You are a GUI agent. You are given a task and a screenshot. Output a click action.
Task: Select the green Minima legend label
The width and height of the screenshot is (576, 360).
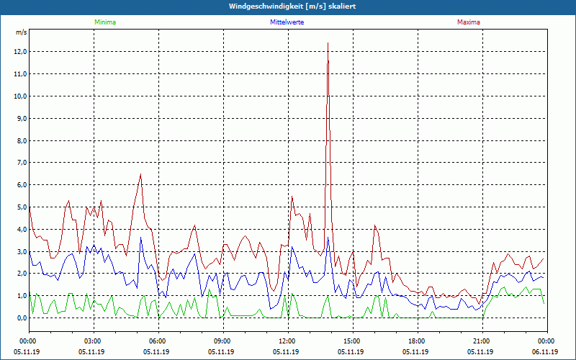click(104, 22)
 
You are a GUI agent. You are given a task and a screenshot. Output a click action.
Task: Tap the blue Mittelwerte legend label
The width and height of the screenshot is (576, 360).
click(287, 22)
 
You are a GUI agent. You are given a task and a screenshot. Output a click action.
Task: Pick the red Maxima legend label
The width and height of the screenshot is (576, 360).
click(468, 22)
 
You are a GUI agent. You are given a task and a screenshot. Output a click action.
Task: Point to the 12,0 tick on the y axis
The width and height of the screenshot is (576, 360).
click(19, 52)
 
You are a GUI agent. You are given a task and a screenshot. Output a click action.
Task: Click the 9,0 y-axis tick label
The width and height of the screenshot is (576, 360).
click(21, 118)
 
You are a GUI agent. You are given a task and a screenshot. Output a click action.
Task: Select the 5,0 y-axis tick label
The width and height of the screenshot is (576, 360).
click(21, 207)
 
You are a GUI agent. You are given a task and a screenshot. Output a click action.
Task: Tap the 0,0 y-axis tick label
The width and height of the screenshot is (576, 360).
click(21, 318)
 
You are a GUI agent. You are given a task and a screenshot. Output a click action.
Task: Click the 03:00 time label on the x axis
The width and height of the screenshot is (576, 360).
click(93, 341)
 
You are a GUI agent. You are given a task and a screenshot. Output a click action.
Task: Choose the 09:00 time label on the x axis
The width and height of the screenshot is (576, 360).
click(222, 341)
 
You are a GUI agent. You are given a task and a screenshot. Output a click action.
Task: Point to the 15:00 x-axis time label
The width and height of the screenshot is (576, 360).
click(351, 341)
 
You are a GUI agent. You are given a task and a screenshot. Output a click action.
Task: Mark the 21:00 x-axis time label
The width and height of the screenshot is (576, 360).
click(481, 341)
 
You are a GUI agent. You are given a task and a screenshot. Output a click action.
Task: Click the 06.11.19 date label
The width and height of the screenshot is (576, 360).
click(545, 351)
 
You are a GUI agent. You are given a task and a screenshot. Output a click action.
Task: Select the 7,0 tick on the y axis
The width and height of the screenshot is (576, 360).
click(21, 163)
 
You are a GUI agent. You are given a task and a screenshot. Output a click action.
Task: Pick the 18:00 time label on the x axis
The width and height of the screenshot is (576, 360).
click(416, 341)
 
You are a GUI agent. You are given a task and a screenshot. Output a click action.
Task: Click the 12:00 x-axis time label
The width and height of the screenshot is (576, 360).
click(287, 341)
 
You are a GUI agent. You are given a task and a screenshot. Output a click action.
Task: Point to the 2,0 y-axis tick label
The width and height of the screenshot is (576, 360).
click(21, 274)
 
